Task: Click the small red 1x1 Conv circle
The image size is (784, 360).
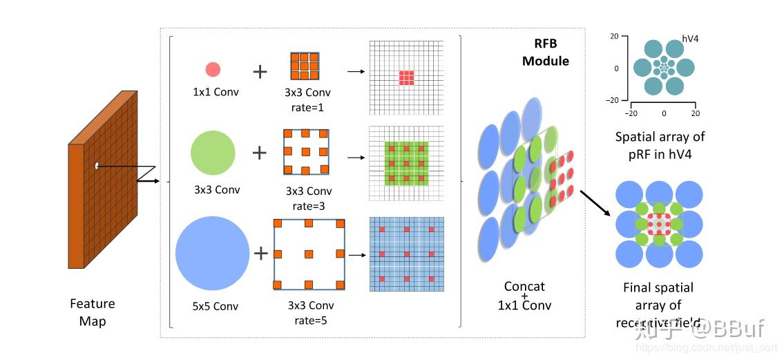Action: pos(213,69)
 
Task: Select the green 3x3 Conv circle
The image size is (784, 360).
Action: pos(213,153)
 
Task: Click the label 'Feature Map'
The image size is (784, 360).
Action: pos(93,312)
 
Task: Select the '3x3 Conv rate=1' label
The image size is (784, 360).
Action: pos(308,100)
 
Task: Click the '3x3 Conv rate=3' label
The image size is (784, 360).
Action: pos(308,198)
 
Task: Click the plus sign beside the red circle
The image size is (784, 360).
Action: pos(259,70)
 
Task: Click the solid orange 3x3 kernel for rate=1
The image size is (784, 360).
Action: pos(304,66)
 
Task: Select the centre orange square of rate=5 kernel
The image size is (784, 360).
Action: pos(309,254)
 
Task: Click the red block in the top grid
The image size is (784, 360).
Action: pos(407,77)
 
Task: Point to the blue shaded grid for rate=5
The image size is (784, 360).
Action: pos(406,254)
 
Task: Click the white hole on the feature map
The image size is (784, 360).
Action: pos(97,165)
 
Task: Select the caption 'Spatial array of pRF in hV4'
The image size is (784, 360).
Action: pos(660,145)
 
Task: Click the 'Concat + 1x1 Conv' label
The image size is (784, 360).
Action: pos(524,296)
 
